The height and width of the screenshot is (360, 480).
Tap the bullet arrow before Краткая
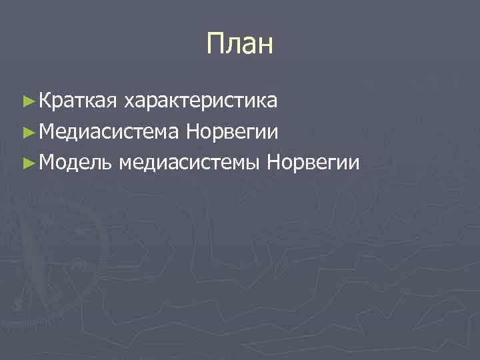(27, 101)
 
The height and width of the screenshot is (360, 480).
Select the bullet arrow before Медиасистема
(27, 131)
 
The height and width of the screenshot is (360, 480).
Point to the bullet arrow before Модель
(27, 162)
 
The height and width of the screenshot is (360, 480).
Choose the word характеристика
(201, 101)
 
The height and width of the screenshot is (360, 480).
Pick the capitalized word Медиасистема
(109, 131)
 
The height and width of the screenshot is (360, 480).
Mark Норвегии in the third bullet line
(313, 162)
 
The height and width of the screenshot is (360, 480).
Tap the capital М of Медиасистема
(47, 131)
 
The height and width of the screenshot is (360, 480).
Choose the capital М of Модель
(47, 162)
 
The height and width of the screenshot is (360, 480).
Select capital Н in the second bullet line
(193, 131)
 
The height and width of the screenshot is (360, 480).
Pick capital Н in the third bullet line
(273, 162)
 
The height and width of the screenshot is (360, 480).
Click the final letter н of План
(265, 46)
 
